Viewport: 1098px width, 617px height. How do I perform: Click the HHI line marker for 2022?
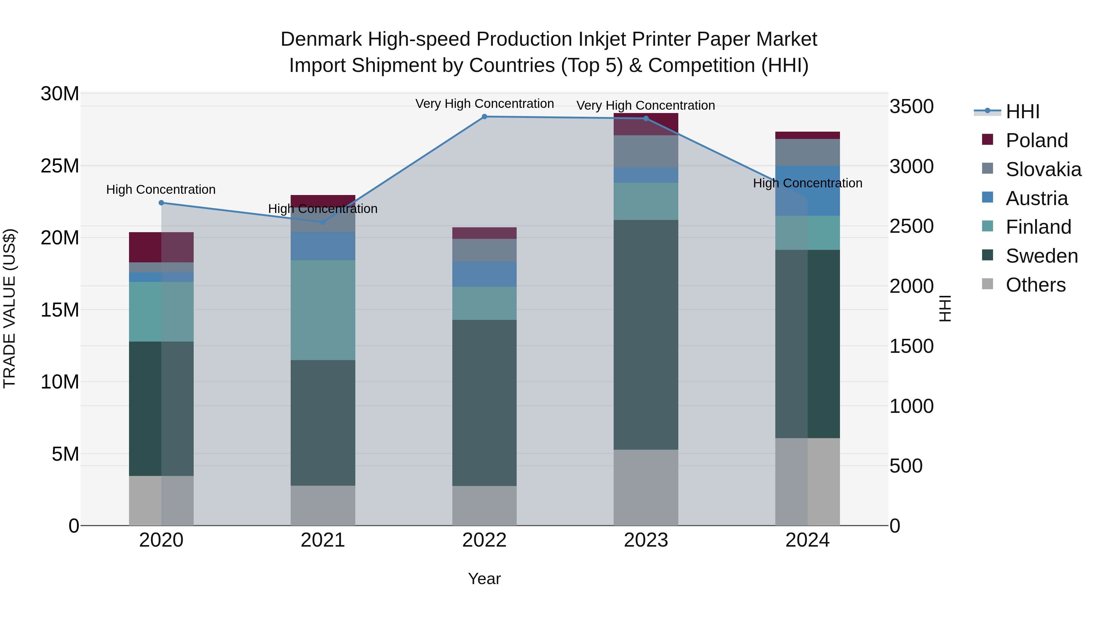(484, 117)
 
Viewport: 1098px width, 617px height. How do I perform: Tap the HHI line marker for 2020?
(161, 203)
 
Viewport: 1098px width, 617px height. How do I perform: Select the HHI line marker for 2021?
(323, 222)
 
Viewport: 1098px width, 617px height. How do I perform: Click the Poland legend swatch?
(987, 140)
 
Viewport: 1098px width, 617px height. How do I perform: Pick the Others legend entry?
(1035, 285)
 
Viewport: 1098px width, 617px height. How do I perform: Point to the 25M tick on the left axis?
(60, 166)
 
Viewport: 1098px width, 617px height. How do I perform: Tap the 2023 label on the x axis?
(646, 540)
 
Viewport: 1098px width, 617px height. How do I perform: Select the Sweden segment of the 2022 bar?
(484, 402)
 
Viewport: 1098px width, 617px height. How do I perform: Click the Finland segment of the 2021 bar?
(323, 310)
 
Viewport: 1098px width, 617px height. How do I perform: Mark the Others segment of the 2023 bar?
(646, 488)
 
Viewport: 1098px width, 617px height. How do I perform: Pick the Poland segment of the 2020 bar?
(161, 247)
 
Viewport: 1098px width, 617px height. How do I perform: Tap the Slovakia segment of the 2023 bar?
(646, 151)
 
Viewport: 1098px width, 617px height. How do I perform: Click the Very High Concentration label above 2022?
(484, 104)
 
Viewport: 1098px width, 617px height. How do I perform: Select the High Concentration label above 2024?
(807, 183)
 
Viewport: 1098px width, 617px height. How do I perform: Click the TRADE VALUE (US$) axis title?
(9, 308)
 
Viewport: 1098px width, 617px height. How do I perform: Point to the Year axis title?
(484, 579)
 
